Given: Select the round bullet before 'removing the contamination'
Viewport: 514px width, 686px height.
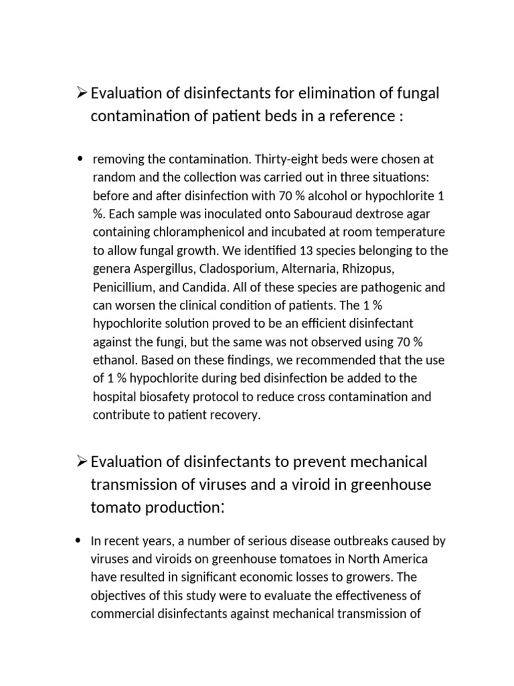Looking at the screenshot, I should (x=80, y=159).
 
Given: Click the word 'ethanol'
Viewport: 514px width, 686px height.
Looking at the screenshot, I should (x=112, y=360).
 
